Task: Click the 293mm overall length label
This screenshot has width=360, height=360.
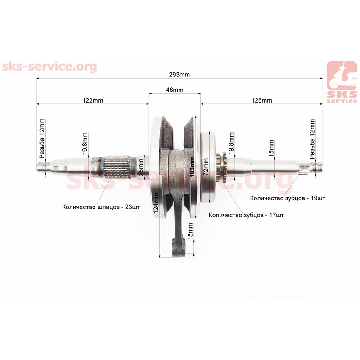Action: point(179,75)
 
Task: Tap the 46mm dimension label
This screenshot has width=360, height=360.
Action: point(175,90)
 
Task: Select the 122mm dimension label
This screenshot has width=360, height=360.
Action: point(93,100)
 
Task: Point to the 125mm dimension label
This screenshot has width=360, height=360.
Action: point(262,100)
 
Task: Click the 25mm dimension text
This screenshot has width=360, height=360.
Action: point(141,167)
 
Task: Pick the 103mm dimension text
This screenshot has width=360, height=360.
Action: point(192,166)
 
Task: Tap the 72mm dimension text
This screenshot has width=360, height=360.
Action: point(206,166)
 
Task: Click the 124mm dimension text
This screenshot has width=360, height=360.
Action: point(156,203)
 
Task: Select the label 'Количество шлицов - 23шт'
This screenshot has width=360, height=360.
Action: point(101,207)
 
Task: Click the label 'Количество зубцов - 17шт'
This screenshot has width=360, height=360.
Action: point(246,215)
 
